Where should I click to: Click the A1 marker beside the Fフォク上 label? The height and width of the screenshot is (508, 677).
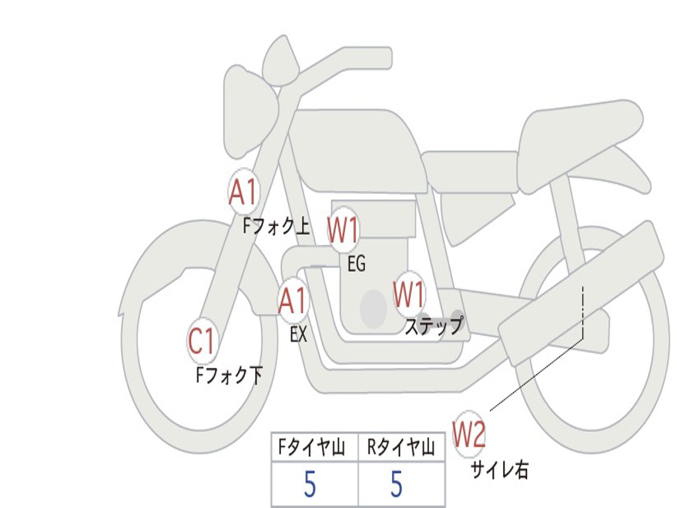pos(243,192)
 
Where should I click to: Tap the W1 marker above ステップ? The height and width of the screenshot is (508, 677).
pos(409,294)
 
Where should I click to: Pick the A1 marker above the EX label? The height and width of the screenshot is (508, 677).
pos(293,302)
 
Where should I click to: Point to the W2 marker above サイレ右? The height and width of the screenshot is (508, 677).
pos(469,435)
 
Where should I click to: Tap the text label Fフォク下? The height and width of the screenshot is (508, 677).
pos(229,376)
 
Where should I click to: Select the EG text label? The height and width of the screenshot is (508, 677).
pos(356,265)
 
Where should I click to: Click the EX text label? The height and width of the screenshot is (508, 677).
pos(299,335)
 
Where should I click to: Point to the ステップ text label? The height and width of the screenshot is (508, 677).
pos(434,326)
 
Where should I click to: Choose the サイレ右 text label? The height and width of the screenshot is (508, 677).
pos(500,470)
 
